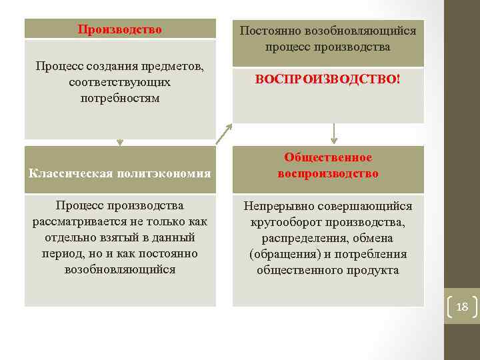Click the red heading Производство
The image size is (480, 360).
120,29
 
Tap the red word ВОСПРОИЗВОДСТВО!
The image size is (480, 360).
327,79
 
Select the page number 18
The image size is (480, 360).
462,307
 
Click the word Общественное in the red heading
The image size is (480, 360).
328,157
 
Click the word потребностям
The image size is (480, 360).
119,98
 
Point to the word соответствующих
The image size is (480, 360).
119,83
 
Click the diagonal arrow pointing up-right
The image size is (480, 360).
223,133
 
